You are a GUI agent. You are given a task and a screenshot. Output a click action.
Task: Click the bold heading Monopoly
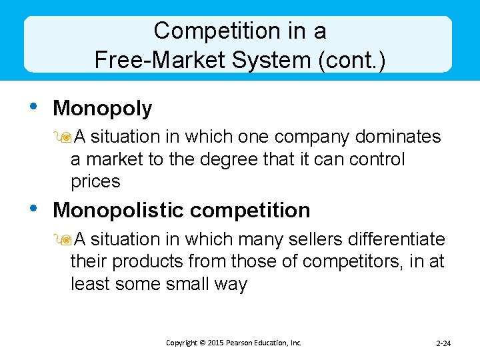tap(103, 108)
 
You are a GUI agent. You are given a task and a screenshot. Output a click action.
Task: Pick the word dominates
tap(398, 137)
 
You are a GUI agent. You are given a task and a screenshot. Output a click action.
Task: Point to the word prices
tap(95, 182)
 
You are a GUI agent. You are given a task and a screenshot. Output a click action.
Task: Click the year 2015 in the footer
tap(215, 343)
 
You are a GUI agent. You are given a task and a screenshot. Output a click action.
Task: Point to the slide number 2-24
tap(443, 343)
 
